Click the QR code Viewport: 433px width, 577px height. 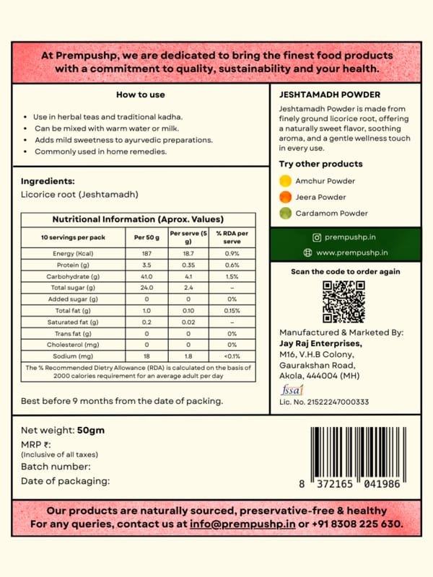(x=344, y=301)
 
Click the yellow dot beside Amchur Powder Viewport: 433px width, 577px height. (x=286, y=181)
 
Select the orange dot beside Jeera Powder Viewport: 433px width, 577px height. (x=286, y=197)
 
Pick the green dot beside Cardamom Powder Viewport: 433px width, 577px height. (x=286, y=213)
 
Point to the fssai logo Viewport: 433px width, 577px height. (x=288, y=389)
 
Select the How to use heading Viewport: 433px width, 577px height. (x=141, y=94)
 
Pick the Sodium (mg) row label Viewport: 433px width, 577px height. (x=74, y=356)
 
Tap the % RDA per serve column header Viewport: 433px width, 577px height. (x=232, y=237)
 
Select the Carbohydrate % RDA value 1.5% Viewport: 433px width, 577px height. (x=232, y=276)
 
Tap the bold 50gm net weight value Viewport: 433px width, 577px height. (x=91, y=431)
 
